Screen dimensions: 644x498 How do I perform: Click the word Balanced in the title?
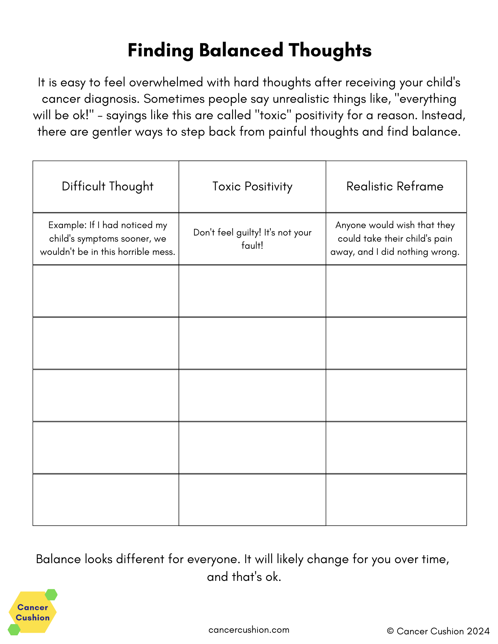(x=241, y=51)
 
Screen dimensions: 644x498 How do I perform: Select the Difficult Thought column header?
(x=107, y=187)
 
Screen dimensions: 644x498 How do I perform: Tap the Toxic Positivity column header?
(x=252, y=187)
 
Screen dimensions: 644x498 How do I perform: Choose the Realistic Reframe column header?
(x=395, y=187)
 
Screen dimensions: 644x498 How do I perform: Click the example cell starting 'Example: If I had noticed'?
(x=107, y=238)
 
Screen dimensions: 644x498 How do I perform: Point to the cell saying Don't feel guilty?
(x=252, y=239)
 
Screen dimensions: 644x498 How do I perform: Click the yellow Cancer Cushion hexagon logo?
(x=32, y=612)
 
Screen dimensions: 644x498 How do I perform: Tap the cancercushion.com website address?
(x=249, y=630)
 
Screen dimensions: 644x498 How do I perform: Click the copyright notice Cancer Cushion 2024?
(x=438, y=631)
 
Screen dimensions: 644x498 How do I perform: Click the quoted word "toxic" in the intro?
(x=273, y=115)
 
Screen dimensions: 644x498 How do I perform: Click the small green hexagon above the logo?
(x=51, y=595)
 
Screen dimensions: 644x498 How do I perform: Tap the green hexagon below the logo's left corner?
(x=14, y=630)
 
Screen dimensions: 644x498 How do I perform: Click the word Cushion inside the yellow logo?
(x=33, y=618)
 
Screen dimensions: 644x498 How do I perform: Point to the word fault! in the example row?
(x=252, y=246)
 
